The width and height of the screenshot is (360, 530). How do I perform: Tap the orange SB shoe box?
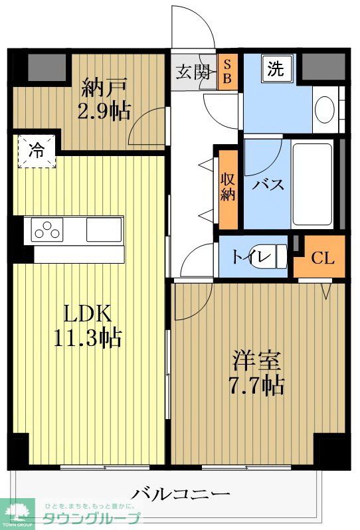[227, 72]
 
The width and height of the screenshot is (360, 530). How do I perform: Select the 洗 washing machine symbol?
[276, 69]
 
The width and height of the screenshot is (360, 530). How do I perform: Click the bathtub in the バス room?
[312, 184]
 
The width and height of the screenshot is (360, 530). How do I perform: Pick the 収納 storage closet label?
[228, 187]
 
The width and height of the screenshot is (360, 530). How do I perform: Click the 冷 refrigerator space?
[37, 151]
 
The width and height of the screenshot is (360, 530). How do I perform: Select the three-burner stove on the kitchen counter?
[47, 230]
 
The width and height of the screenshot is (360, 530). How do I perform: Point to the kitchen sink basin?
[104, 230]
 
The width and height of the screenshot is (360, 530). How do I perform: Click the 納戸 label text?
[104, 87]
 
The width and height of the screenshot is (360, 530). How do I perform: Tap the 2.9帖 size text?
[104, 110]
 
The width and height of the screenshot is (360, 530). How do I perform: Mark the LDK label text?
[87, 313]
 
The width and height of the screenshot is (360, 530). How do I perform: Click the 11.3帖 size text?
[88, 338]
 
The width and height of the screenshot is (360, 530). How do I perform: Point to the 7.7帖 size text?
[256, 385]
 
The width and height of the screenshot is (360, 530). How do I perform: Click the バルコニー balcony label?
[180, 495]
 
